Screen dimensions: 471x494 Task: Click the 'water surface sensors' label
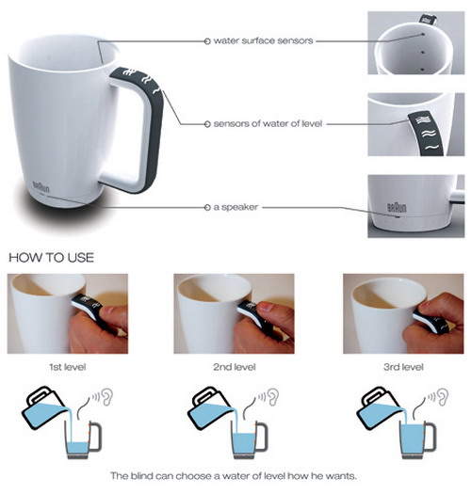point(263,40)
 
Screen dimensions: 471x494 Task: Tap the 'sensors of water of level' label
point(268,123)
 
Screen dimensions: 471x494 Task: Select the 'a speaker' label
point(235,207)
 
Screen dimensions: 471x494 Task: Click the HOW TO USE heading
point(51,258)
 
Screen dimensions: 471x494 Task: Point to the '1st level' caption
point(68,367)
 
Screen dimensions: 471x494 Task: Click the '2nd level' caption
point(234,367)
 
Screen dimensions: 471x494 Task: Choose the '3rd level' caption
point(403,367)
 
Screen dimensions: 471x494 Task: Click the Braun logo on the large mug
point(41,187)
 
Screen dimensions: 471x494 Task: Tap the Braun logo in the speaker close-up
point(397,207)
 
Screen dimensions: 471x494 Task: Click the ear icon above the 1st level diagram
point(107,397)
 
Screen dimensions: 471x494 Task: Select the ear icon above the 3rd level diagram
point(444,397)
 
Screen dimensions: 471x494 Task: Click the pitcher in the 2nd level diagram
point(211,407)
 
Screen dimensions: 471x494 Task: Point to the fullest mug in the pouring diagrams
point(418,439)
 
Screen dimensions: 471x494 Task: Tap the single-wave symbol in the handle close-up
point(430,147)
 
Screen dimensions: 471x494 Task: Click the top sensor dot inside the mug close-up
point(423,34)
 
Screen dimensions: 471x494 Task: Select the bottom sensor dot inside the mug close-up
point(423,69)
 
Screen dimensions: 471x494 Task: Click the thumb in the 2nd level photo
point(271,308)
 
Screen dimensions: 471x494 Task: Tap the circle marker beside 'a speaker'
point(207,207)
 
